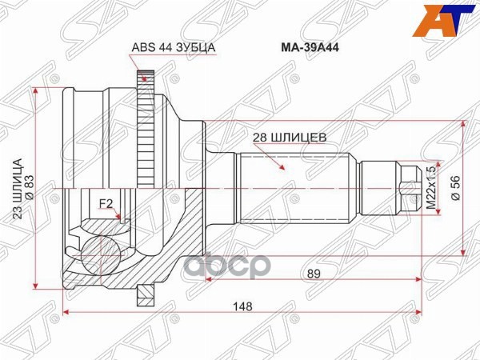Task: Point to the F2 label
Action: point(105,203)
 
